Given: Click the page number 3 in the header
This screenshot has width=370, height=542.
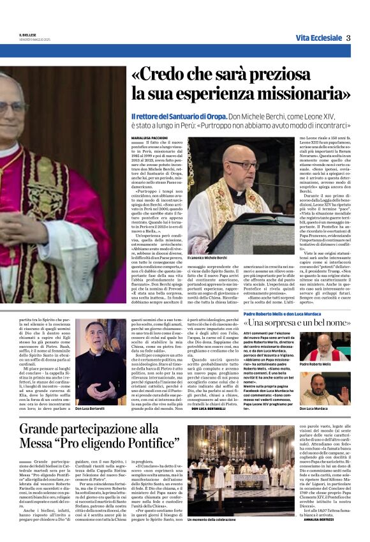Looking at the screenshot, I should (x=348, y=38).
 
